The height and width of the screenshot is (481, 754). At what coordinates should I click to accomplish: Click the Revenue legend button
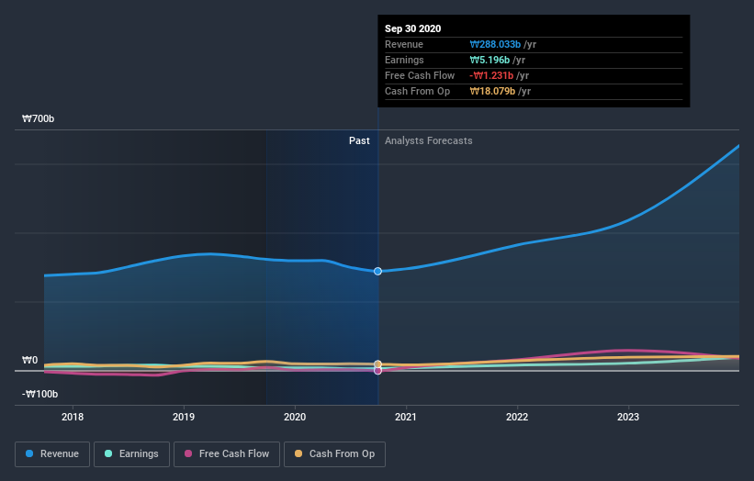(52, 453)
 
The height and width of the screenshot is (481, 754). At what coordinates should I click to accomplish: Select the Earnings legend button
(131, 453)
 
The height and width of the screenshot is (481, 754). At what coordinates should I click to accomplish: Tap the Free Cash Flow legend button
(227, 453)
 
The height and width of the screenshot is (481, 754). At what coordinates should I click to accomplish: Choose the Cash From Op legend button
(335, 453)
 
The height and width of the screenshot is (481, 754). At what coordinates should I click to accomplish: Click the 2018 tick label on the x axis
(73, 418)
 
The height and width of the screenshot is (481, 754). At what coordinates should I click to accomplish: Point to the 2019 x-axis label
(184, 418)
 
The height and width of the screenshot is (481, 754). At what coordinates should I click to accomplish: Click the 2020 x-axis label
(295, 418)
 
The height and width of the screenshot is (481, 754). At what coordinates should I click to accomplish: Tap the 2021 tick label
(406, 418)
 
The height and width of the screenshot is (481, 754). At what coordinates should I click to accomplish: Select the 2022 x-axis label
(517, 418)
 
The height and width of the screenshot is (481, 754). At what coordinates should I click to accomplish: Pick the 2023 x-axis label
(628, 418)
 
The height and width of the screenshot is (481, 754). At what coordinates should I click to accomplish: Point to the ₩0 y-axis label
(30, 361)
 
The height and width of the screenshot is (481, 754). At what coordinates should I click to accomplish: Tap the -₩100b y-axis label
(40, 395)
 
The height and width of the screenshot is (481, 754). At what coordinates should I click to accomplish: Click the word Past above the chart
(359, 140)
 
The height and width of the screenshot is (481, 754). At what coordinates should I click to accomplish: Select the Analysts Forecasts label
(429, 140)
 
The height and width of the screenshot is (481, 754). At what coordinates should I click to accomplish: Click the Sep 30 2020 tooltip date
(412, 28)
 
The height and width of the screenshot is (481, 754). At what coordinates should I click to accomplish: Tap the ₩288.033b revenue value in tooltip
(495, 44)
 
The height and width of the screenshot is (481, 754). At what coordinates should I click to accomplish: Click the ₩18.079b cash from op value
(494, 91)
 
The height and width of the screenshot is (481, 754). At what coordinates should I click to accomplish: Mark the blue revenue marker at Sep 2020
(377, 272)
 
